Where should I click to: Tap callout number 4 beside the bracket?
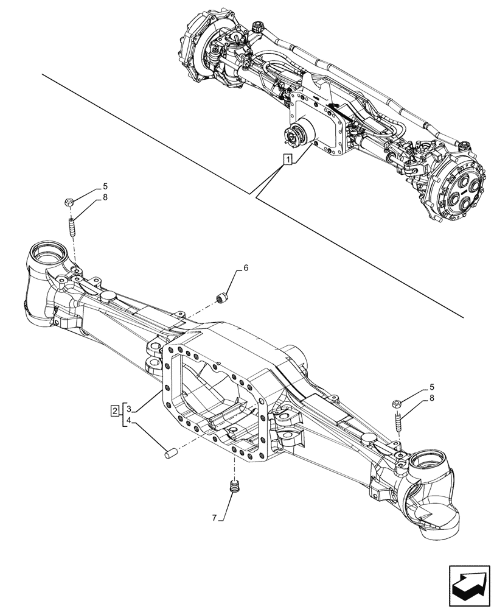[x=130, y=420]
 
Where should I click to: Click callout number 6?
[x=246, y=267]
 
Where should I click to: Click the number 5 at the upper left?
[x=105, y=186]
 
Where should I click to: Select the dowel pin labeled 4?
[x=171, y=452]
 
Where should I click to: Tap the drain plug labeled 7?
[x=234, y=487]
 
